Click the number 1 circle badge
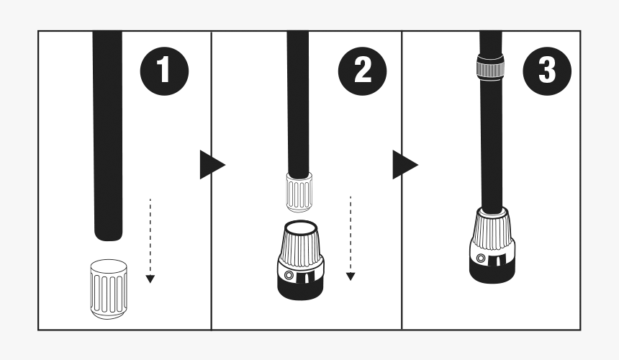(164, 72)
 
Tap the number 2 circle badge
(362, 72)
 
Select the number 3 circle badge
(547, 72)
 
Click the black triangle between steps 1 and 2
(209, 166)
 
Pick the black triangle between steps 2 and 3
(403, 166)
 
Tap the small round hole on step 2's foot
(289, 275)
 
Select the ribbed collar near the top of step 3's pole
(490, 68)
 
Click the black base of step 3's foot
(492, 270)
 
